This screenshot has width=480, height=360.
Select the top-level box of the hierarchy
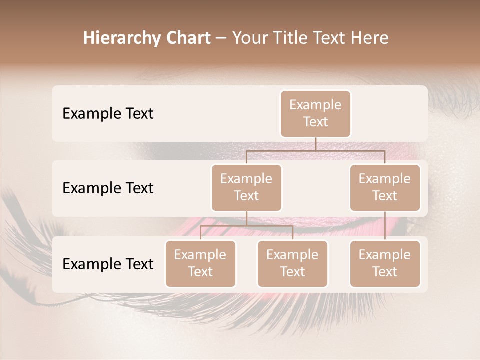[x=315, y=114]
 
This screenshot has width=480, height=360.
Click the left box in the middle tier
[x=246, y=188]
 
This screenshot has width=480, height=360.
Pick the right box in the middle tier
[x=385, y=188]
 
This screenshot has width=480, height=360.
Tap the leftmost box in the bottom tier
[x=200, y=264]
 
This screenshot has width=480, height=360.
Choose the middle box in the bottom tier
[x=292, y=264]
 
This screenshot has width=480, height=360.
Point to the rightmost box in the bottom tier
[x=385, y=264]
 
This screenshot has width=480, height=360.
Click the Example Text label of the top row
[x=108, y=114]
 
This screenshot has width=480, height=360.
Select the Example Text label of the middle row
[x=108, y=188]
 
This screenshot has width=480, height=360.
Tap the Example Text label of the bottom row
[x=108, y=264]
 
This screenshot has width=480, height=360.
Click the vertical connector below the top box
[x=315, y=144]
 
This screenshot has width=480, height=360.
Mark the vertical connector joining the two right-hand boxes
[x=385, y=226]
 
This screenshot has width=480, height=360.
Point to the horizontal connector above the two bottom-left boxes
[x=246, y=226]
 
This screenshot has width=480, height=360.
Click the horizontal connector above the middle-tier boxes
[x=315, y=150]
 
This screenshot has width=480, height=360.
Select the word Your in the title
[x=249, y=38]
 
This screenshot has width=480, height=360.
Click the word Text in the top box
[x=315, y=122]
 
